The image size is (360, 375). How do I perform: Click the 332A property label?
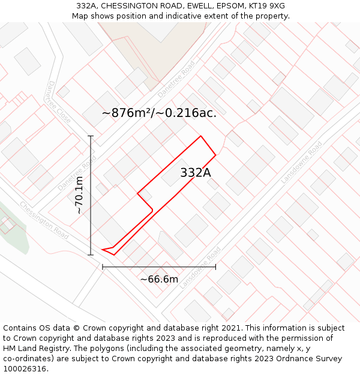tap(196, 173)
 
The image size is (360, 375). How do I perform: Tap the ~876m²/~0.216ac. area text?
tap(159, 113)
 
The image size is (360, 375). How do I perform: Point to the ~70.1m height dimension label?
tap(79, 195)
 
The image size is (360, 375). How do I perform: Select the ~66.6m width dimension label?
tap(159, 279)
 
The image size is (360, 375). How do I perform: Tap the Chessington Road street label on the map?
tap(44, 220)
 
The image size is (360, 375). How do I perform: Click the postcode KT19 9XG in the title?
tap(265, 6)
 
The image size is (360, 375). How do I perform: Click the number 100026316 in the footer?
tap(24, 369)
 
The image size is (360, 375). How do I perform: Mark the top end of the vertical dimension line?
tap(91, 136)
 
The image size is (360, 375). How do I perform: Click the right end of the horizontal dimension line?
tap(215, 266)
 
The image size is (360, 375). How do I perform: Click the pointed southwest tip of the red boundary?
tap(103, 249)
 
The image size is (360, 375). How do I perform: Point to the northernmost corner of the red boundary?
tap(200, 136)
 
